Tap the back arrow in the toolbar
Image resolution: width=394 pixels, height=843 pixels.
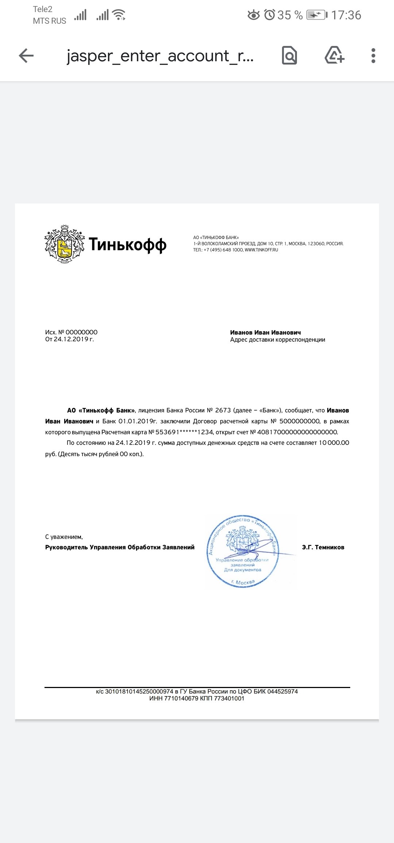(26, 56)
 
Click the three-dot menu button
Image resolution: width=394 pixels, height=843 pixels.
(373, 56)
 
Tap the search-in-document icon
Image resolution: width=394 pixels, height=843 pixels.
(289, 56)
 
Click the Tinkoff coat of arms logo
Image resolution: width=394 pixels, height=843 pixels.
(65, 244)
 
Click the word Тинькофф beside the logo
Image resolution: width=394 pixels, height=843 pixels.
(128, 244)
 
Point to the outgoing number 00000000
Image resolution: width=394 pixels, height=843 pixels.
(81, 332)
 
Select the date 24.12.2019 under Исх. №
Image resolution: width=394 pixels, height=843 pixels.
(71, 339)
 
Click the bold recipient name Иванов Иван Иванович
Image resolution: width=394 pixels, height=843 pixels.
(265, 332)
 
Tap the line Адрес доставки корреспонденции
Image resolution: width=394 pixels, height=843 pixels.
(277, 340)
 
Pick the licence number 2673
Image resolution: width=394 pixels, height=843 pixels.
(223, 410)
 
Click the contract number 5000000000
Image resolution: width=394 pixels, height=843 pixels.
(300, 421)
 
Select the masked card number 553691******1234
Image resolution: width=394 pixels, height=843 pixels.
(184, 432)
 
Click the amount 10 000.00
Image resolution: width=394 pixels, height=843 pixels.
(334, 443)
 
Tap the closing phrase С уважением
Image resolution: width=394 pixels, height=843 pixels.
(64, 537)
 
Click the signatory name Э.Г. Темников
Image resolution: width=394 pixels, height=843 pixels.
(323, 547)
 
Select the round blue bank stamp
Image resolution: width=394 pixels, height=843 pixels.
(243, 551)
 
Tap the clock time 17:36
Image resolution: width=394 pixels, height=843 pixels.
(346, 15)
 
